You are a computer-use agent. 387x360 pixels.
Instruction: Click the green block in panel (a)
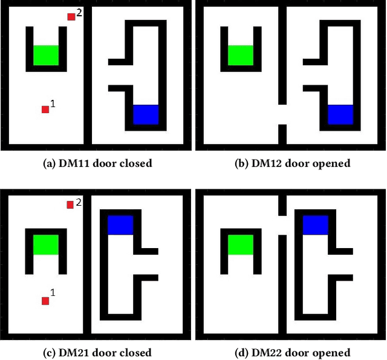point(46,55)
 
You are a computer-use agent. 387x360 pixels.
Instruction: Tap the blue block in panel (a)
point(146,114)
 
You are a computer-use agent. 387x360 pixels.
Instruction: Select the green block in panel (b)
point(241,55)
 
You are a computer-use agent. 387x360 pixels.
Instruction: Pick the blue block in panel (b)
point(340,114)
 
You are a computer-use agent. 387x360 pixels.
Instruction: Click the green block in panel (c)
point(46,244)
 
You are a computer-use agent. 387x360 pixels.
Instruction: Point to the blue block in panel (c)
point(120,225)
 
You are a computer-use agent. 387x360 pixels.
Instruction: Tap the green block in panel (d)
point(241,244)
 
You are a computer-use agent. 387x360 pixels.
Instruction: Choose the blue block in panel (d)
point(315,225)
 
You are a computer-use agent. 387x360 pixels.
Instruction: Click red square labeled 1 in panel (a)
point(45,110)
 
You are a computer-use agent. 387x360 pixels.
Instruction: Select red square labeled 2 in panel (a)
point(71,16)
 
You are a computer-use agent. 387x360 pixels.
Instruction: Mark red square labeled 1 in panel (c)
point(45,301)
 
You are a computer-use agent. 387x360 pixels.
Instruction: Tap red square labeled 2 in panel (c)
point(70,205)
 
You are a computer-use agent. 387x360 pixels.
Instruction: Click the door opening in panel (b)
point(282,114)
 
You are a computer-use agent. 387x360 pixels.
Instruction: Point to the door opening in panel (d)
point(282,224)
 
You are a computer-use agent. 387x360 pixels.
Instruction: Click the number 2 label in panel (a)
point(79,13)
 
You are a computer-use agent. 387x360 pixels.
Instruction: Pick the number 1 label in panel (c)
point(53,293)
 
